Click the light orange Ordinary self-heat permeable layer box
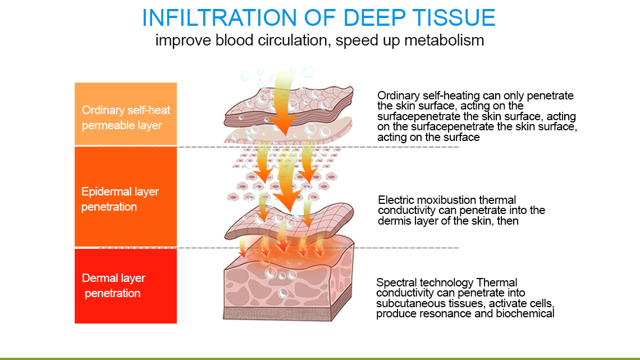tap(126, 114)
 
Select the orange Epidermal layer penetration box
tap(126, 197)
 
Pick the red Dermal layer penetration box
tap(126, 286)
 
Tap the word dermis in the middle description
tap(392, 221)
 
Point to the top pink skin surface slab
tap(289, 106)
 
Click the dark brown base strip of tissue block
tap(277, 313)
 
